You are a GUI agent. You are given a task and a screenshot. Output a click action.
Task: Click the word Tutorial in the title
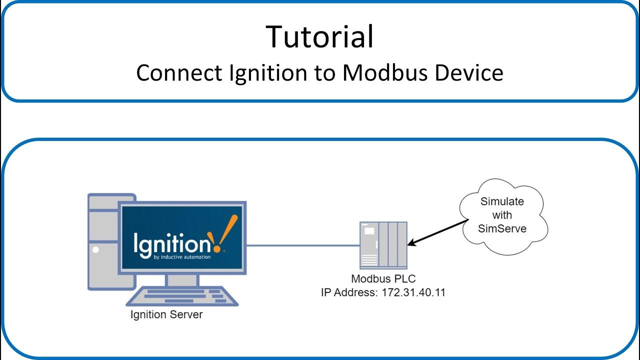[x=319, y=36]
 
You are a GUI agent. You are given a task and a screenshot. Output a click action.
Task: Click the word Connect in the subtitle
[x=178, y=73]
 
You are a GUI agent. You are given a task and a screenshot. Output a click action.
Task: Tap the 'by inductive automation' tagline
[x=182, y=257]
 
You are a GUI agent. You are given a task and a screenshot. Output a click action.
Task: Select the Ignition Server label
[x=166, y=315]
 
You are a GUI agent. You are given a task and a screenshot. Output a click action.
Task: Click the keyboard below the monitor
[x=182, y=296]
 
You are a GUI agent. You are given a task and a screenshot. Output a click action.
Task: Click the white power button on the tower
[x=95, y=249]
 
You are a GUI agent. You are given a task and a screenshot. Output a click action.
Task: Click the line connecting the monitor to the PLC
[x=303, y=245]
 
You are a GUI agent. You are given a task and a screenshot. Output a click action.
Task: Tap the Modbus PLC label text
[x=383, y=279]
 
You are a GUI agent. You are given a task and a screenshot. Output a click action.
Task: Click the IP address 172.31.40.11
[x=413, y=292]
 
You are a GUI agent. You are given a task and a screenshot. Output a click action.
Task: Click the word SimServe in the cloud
[x=502, y=228]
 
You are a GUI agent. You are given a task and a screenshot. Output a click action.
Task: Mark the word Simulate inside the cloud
[x=502, y=201]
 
